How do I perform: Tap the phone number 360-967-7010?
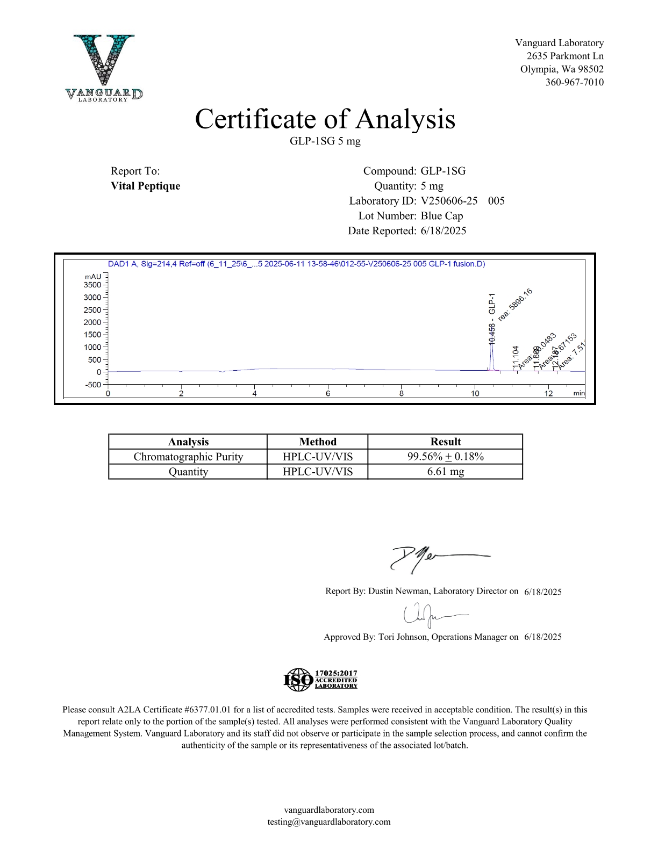click(574, 82)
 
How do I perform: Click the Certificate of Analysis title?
click(325, 119)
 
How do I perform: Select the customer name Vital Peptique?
click(145, 186)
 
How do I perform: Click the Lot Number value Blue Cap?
click(441, 216)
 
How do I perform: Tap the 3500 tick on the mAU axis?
click(92, 285)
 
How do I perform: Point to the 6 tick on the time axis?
click(328, 393)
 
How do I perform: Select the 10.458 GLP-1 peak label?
click(492, 319)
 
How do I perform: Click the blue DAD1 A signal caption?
click(296, 264)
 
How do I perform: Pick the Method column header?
click(317, 442)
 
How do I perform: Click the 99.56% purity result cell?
click(445, 457)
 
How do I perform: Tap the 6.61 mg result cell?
click(445, 472)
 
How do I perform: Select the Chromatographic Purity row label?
click(188, 457)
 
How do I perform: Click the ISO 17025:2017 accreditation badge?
click(320, 679)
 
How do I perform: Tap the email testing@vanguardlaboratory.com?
click(329, 821)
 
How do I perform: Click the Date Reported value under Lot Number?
click(444, 231)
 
